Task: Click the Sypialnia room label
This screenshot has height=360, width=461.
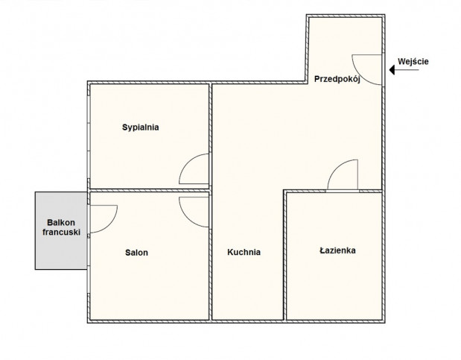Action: [x=141, y=127]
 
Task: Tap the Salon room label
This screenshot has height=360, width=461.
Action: [x=136, y=253]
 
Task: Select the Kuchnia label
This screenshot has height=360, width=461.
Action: [x=244, y=252]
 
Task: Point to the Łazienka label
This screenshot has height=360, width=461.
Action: [x=337, y=250]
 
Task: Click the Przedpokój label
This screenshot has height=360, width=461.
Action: [x=337, y=79]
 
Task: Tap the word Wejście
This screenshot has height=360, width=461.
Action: [x=413, y=62]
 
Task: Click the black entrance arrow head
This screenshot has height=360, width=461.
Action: [x=392, y=70]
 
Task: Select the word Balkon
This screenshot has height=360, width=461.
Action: [x=61, y=222]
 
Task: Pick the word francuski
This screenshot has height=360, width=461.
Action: [x=61, y=232]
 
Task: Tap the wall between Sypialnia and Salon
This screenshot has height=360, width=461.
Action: [x=149, y=191]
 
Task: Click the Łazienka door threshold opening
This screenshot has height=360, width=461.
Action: [x=343, y=192]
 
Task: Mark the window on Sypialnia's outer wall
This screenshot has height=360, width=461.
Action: [x=89, y=137]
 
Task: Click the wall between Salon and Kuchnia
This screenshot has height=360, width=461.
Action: [x=210, y=256]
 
